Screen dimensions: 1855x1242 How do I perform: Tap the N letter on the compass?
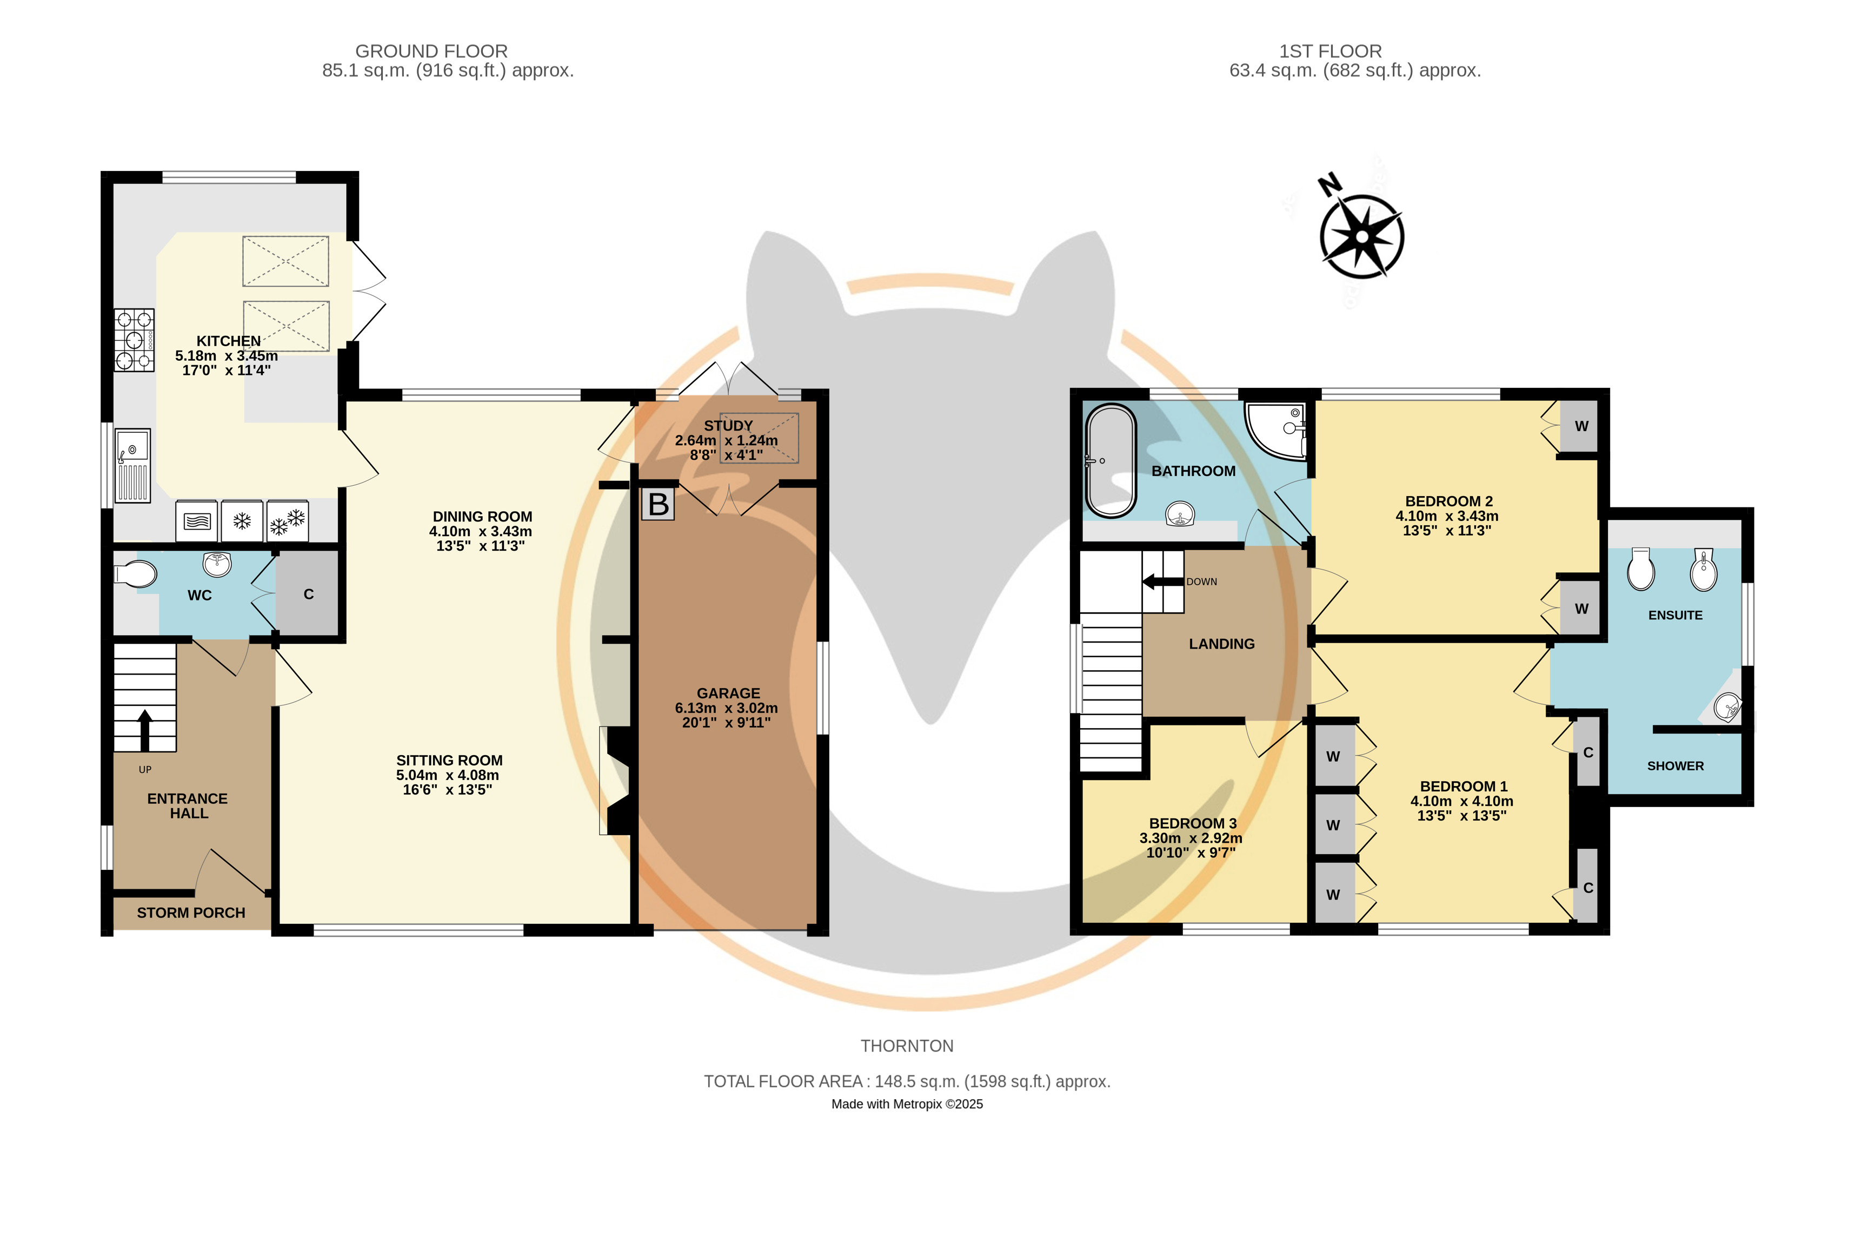click(1330, 184)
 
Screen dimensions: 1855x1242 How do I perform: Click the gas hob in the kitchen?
click(134, 340)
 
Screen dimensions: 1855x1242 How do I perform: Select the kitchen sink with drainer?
click(132, 466)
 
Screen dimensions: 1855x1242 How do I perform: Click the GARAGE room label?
click(728, 693)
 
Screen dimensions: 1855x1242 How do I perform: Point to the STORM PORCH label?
click(191, 913)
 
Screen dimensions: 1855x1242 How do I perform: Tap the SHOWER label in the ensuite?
click(1676, 766)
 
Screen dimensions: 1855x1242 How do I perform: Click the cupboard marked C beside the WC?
click(308, 594)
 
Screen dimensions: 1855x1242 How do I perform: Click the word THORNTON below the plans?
click(907, 1046)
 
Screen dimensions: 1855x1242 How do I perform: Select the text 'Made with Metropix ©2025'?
click(907, 1104)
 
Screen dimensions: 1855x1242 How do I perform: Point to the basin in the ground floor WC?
click(217, 564)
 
